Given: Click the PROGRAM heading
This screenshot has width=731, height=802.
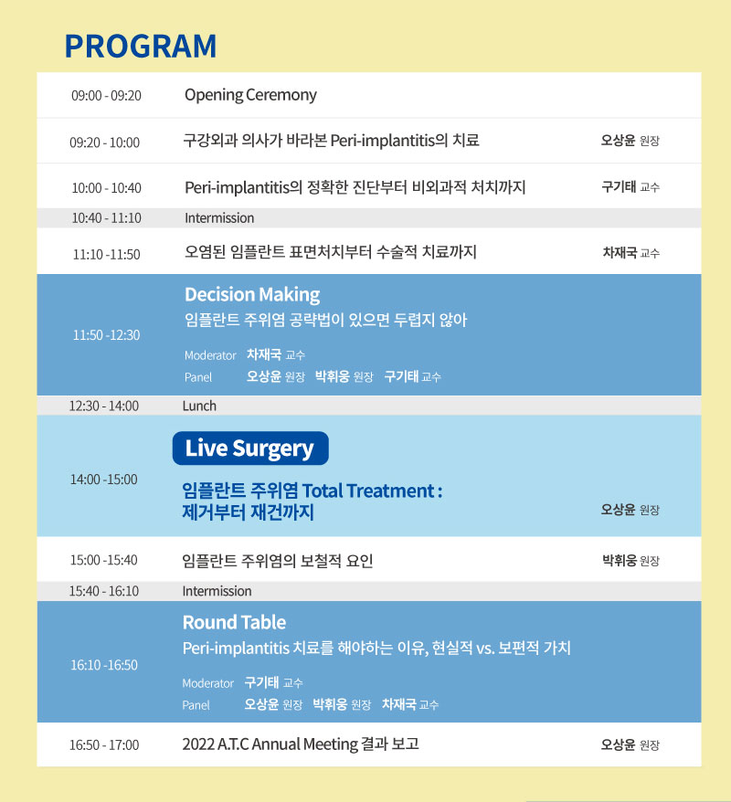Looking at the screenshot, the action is point(141,46).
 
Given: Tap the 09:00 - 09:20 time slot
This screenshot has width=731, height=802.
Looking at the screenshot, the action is point(106,96).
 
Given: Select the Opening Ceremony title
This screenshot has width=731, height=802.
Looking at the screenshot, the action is point(250,95).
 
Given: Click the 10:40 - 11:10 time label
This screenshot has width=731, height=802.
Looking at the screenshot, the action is point(106,218).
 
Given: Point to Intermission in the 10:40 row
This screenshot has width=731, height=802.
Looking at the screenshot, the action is point(219,218).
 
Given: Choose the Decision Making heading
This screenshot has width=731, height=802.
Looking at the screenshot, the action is point(252,295).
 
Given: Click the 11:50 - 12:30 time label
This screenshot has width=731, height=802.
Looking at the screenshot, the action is point(106,335).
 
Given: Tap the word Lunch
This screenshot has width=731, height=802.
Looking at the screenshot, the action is point(199,406).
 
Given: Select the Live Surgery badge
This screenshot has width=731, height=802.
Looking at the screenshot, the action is point(250,448).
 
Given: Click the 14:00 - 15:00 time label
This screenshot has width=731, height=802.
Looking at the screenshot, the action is point(104,480).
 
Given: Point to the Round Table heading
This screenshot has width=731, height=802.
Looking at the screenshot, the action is point(234,622).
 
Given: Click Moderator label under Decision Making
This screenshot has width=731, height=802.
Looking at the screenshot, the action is point(210,355).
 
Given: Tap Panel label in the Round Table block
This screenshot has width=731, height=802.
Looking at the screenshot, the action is point(196,705).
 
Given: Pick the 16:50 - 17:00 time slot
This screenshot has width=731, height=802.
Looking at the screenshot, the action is point(104,744).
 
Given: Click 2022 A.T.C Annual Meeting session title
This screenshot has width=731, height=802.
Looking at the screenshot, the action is point(301,744).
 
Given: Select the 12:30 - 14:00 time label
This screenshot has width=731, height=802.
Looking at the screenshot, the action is point(104,406).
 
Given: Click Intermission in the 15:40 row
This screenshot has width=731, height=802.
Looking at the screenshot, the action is point(217,591).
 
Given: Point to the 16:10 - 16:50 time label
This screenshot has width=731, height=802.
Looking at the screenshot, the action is point(104,665).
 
